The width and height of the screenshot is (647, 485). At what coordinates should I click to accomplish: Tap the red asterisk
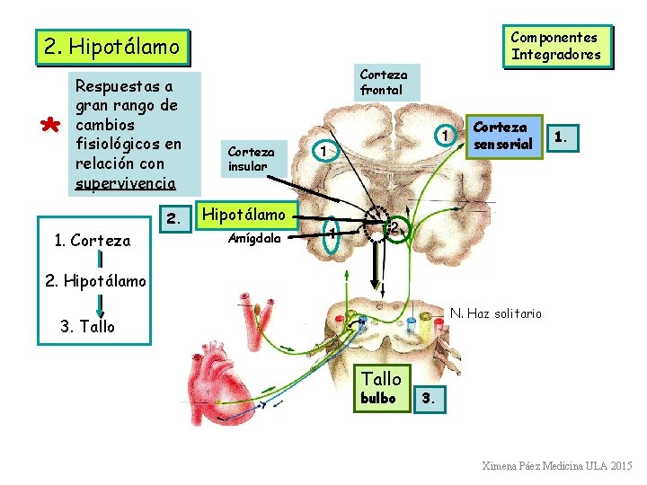tap(52, 128)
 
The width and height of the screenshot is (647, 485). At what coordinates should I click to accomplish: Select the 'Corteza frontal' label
tap(383, 83)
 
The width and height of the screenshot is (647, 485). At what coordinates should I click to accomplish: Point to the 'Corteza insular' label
tap(252, 159)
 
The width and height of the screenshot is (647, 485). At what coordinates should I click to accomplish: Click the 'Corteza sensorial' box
tap(503, 136)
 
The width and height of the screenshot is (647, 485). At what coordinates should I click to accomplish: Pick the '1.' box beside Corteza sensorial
tap(561, 137)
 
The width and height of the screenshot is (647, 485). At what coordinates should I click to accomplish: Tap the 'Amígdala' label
tap(254, 239)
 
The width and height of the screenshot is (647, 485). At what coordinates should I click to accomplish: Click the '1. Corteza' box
tap(93, 241)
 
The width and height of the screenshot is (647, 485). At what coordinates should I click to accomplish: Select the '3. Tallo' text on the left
tap(87, 327)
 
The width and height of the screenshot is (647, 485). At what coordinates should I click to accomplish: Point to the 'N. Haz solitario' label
tap(496, 313)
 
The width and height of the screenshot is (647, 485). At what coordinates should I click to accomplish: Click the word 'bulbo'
tap(378, 398)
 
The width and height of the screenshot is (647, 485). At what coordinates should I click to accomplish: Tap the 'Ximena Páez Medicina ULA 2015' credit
tap(557, 467)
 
